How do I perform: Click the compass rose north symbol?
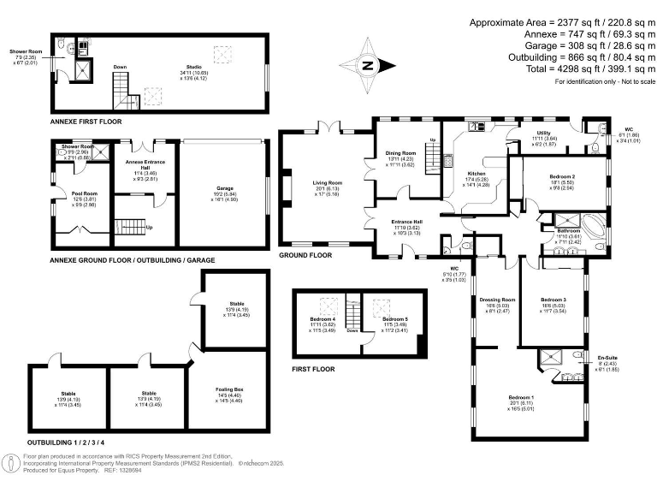point(367,65)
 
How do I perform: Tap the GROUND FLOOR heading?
point(305,255)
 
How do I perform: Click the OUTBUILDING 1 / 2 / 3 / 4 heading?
point(68,442)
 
